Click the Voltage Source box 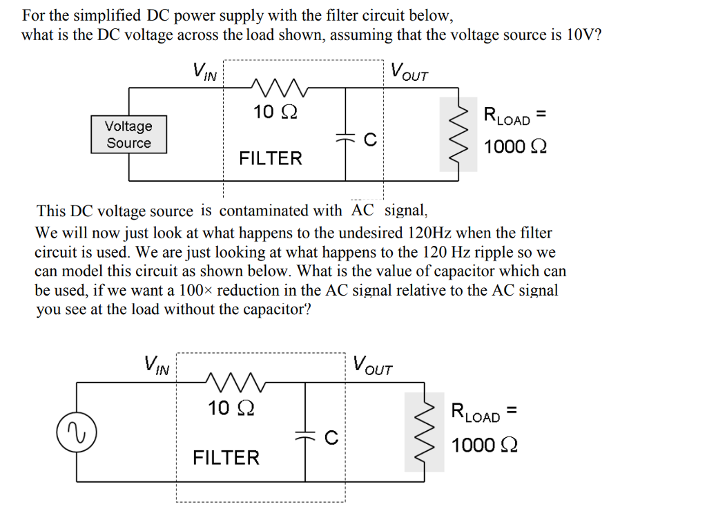pyautogui.click(x=128, y=135)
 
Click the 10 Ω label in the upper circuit pyautogui.click(x=275, y=112)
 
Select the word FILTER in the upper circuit pyautogui.click(x=270, y=159)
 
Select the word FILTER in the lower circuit pyautogui.click(x=226, y=458)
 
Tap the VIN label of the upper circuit pyautogui.click(x=204, y=71)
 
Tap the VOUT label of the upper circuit pyautogui.click(x=409, y=71)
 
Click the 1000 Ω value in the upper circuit pyautogui.click(x=515, y=147)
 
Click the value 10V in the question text pyautogui.click(x=579, y=36)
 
